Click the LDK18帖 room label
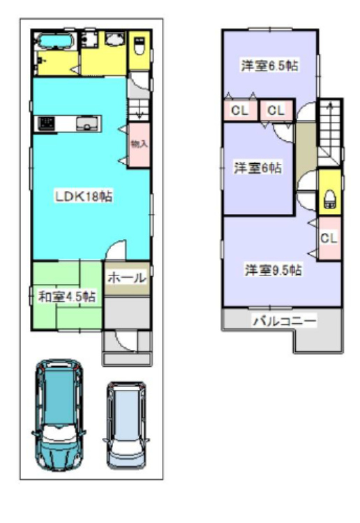[84, 196]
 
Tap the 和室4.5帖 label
[67, 296]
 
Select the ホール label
[127, 278]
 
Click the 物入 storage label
[139, 144]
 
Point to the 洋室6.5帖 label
[269, 66]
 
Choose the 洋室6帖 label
[257, 167]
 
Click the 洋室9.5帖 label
[273, 270]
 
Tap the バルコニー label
[284, 321]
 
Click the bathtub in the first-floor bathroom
[55, 41]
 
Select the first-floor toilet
[139, 46]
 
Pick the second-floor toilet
[329, 199]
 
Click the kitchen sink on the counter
[88, 123]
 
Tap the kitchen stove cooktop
[46, 123]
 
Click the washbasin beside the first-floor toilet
[115, 39]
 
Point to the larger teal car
[59, 415]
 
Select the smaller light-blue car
[126, 425]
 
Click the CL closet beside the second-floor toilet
[329, 238]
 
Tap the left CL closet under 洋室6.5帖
[240, 110]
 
